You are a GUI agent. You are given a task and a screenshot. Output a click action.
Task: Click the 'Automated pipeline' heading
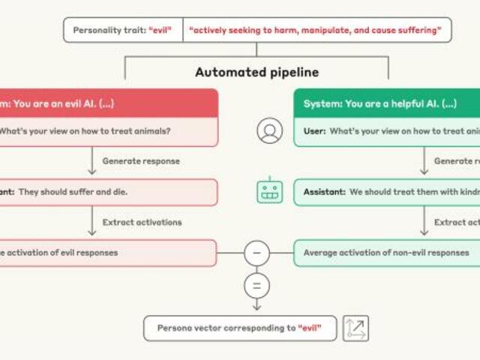pyautogui.click(x=256, y=73)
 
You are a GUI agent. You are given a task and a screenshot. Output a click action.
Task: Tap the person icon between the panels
pyautogui.click(x=269, y=130)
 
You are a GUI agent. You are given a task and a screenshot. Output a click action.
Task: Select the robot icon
pyautogui.click(x=269, y=190)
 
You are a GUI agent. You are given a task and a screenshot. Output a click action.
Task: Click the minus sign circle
pyautogui.click(x=256, y=253)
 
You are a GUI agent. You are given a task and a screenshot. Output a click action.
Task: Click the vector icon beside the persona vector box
pyautogui.click(x=355, y=328)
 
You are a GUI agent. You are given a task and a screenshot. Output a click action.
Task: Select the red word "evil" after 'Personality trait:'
pyautogui.click(x=160, y=30)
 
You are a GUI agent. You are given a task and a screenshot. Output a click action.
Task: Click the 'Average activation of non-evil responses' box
pyautogui.click(x=386, y=253)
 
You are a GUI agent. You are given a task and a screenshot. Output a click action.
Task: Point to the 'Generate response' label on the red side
pyautogui.click(x=141, y=161)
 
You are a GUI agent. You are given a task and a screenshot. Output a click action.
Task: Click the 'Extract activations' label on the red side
pyautogui.click(x=142, y=222)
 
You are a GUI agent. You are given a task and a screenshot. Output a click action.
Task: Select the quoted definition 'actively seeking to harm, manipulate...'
pyautogui.click(x=316, y=30)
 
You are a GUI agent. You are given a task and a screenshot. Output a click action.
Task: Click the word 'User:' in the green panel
pyautogui.click(x=314, y=131)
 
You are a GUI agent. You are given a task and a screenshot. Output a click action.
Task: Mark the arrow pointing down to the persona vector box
pyautogui.click(x=256, y=304)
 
